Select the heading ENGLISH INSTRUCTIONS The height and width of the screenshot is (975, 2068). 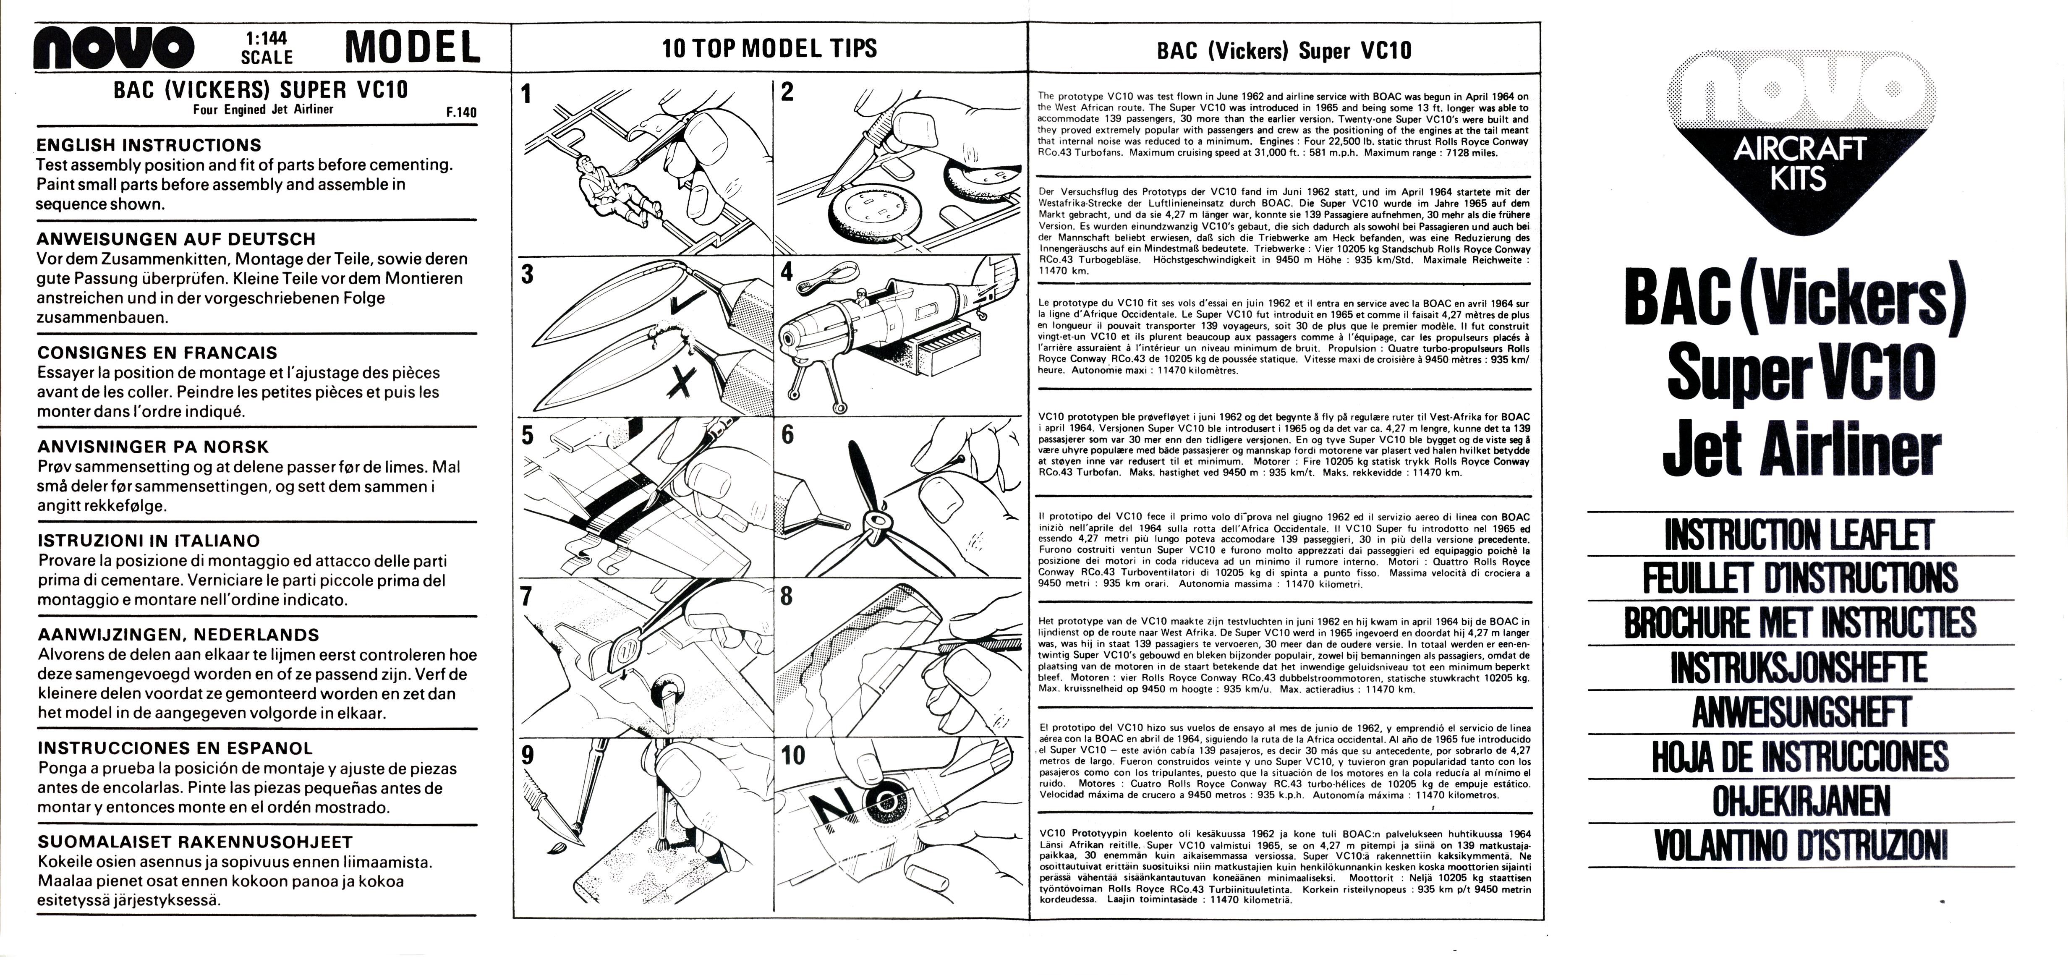pyautogui.click(x=149, y=145)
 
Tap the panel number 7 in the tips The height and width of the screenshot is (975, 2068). pyautogui.click(x=527, y=596)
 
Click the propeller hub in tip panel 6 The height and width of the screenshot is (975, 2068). pyautogui.click(x=873, y=524)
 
